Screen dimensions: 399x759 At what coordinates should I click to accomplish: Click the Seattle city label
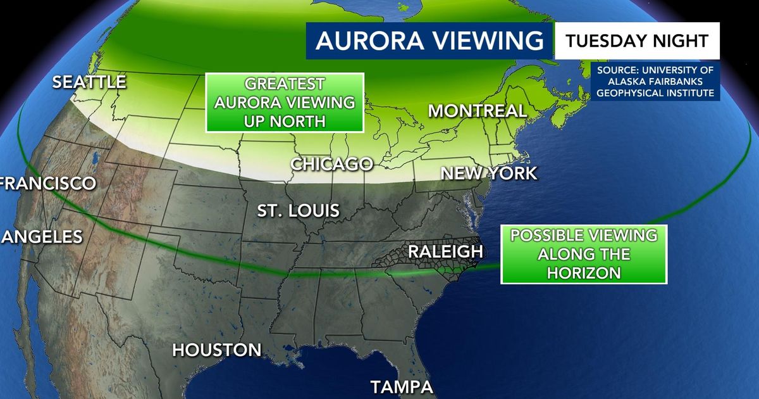pos(89,82)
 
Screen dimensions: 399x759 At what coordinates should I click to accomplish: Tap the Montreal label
pos(477,111)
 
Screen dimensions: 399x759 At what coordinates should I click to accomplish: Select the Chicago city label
pos(331,164)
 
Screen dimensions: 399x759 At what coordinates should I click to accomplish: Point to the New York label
pos(488,173)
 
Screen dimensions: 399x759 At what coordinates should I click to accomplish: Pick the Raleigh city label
pos(445,251)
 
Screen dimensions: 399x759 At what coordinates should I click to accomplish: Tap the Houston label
pos(217,350)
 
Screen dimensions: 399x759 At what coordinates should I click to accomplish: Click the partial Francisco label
pos(48,184)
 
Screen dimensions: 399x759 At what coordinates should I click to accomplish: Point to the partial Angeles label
pos(42,237)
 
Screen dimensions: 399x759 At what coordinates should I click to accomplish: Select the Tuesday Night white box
pos(637,41)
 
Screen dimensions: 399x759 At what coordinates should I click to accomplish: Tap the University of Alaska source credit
pos(656,80)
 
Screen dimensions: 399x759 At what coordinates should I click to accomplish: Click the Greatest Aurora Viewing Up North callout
pos(284,103)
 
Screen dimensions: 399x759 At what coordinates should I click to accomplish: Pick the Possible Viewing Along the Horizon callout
pos(583,254)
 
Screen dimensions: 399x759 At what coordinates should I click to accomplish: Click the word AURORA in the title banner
pos(361,41)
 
